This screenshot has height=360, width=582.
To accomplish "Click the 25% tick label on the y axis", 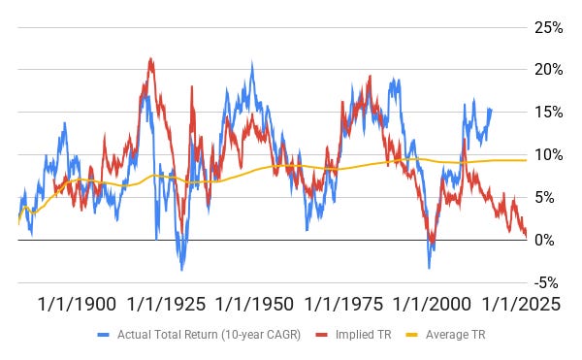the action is pos(549,27).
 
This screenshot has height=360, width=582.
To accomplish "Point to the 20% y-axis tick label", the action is pos(549,70).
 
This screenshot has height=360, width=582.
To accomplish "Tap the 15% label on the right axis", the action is pos(549,113).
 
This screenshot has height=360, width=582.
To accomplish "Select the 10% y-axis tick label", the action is pos(549,154).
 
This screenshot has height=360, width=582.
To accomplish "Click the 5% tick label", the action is pos(544,197).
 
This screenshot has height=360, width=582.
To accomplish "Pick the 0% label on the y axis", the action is pos(544,240).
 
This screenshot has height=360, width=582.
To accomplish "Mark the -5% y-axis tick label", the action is pos(546,282).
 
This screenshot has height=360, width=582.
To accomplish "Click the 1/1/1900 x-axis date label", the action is pos(78,305).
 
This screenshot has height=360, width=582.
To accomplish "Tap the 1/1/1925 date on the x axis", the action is pos(166,305).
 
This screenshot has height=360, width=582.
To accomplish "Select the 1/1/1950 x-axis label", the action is pos(254,305).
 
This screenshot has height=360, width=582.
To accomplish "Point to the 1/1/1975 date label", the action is pos(343,305).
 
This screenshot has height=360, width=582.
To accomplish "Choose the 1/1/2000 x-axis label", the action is pos(432,305).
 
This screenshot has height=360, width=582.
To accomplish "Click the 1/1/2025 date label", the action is pos(521,305).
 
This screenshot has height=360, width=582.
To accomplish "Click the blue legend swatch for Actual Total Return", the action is pos(104,335).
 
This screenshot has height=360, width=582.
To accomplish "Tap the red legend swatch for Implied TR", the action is pos(321,335).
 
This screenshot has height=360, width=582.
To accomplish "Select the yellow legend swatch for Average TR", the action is pos(411,335).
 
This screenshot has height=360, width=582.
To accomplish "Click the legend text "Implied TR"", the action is pos(364,335).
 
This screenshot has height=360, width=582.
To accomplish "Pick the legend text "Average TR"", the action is pos(456,335).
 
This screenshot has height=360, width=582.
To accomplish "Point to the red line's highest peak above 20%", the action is pos(150,58).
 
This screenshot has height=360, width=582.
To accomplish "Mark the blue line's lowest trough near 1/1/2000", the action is pos(429,268).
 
